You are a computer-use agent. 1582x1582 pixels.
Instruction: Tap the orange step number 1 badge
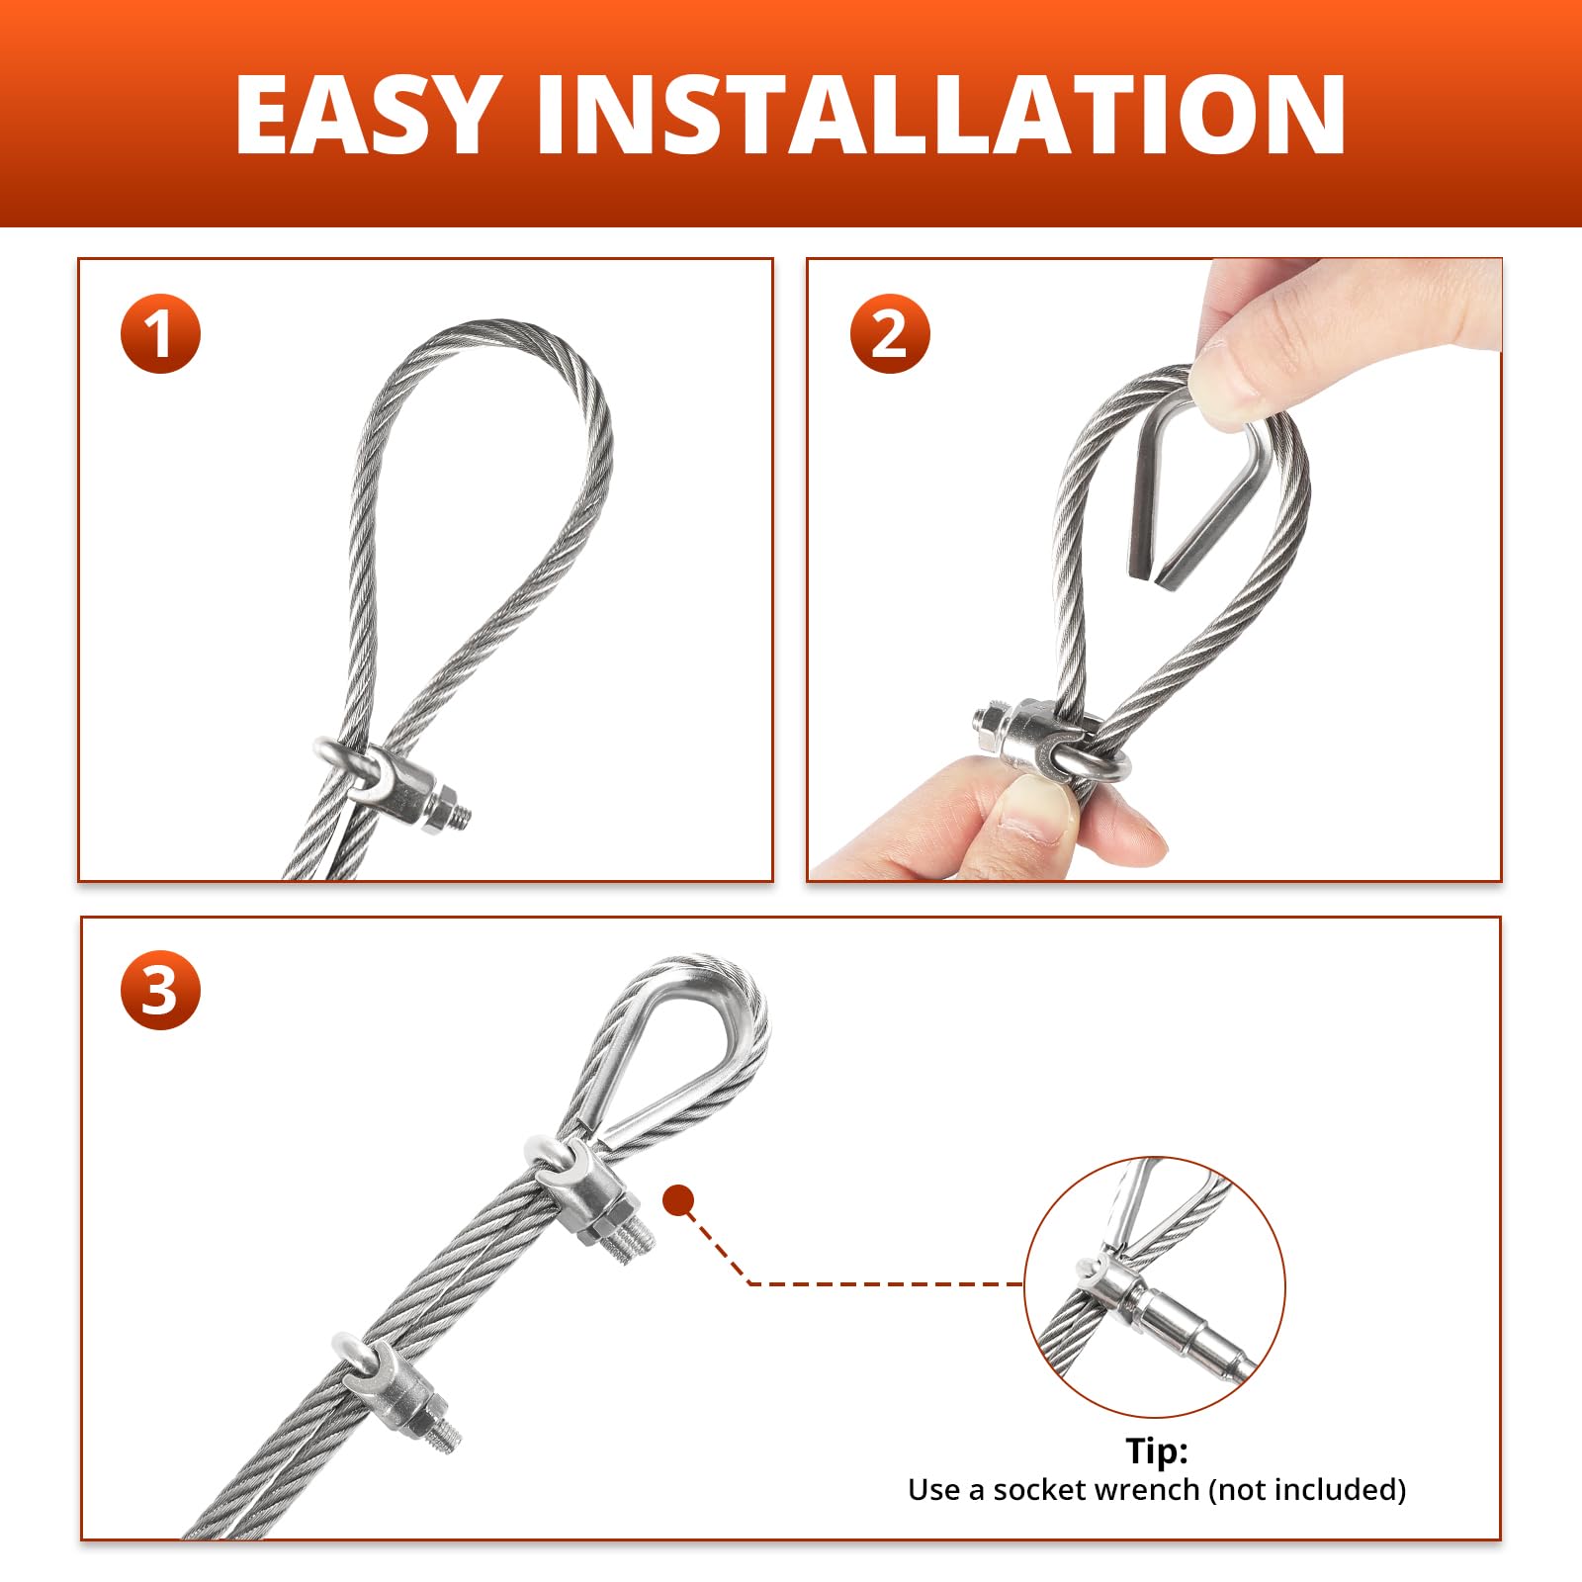point(160,333)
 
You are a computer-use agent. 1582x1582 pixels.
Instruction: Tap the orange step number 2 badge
point(890,333)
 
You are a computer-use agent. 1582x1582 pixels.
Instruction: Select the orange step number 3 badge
point(160,990)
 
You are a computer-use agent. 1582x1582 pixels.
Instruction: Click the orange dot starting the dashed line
point(678,1200)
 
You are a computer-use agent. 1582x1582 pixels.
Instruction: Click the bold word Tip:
point(1157,1450)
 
